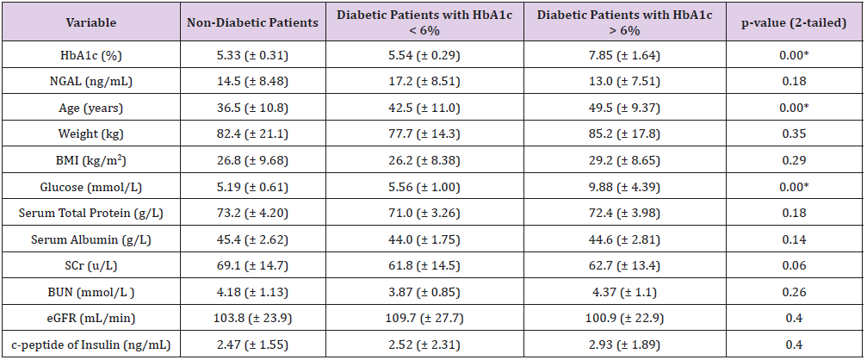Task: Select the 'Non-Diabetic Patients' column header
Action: [x=253, y=22]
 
